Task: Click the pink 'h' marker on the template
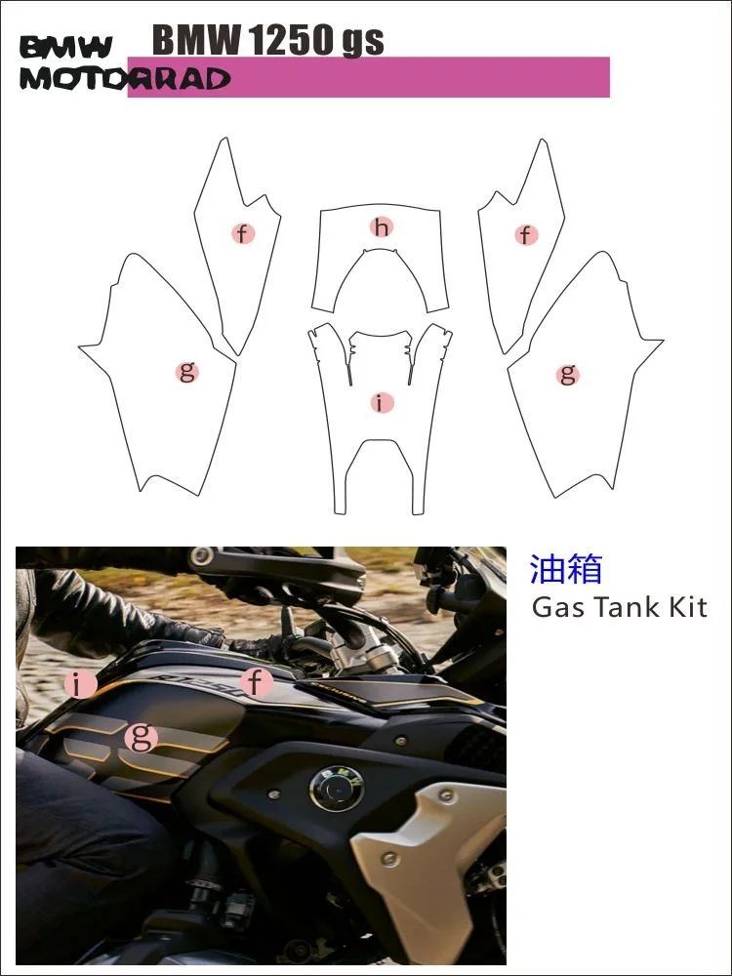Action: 381,227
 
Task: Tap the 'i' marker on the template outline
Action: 381,402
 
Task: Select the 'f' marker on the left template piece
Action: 242,233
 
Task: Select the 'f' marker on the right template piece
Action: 526,234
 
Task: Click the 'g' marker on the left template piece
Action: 186,371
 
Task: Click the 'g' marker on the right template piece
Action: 567,373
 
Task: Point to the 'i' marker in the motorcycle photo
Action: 80,684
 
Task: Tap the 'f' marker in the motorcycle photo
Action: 256,682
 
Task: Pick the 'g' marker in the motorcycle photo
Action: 142,737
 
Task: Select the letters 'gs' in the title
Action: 362,42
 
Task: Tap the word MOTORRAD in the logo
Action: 124,79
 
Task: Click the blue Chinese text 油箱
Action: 566,569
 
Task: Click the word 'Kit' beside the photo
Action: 687,608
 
